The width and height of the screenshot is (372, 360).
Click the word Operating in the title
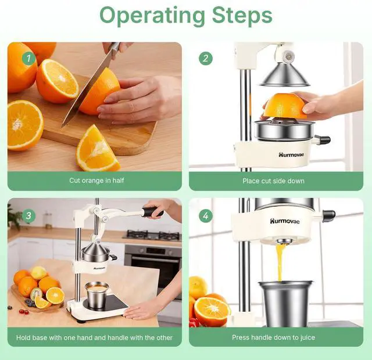[x=152, y=16]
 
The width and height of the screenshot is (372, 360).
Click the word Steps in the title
[x=242, y=15]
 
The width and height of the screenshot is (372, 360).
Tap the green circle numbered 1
[x=29, y=58]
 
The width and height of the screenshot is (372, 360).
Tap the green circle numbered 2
[x=206, y=58]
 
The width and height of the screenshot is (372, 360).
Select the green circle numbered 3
[x=28, y=215]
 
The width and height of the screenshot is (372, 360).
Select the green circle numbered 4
[x=206, y=215]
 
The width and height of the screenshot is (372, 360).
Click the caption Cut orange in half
[x=96, y=181]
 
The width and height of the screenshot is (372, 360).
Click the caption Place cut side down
[x=273, y=181]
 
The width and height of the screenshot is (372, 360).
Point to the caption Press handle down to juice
[x=273, y=337]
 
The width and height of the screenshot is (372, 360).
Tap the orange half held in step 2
[x=285, y=106]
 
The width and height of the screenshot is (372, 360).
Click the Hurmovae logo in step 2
[x=291, y=155]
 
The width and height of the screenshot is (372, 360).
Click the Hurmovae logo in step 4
[x=285, y=221]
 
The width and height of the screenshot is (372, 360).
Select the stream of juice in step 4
[x=280, y=262]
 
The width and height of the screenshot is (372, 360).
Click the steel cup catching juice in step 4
[x=286, y=304]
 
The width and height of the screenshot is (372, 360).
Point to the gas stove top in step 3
[x=152, y=235]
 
